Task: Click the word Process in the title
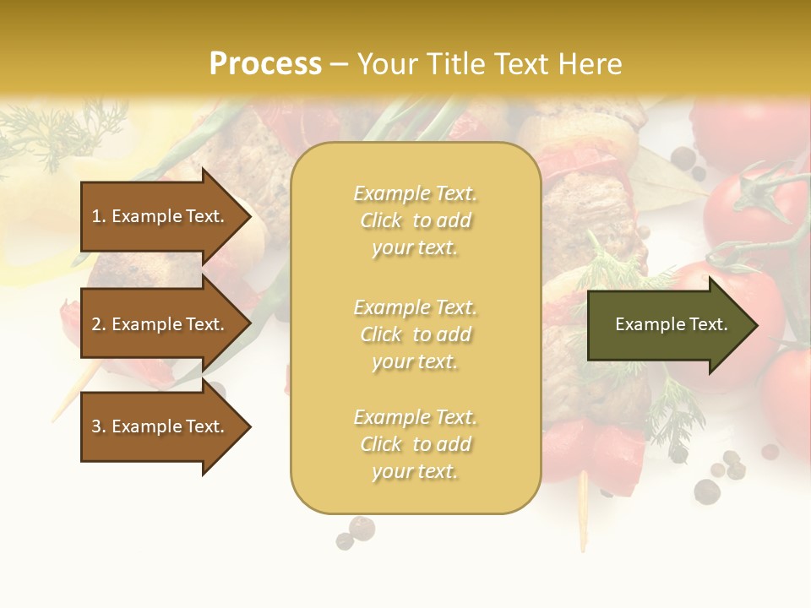tap(265, 63)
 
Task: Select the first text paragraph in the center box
tap(415, 220)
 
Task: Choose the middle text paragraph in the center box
tap(415, 334)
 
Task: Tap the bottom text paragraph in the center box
tap(415, 444)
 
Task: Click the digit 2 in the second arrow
tap(96, 324)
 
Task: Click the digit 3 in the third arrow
tap(96, 426)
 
